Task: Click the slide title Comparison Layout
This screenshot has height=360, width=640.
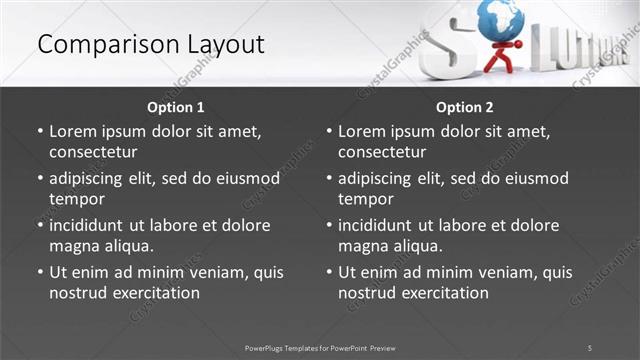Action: pos(150,45)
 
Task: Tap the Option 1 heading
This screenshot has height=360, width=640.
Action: pos(175,107)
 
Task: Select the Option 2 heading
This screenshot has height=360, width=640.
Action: pos(464,107)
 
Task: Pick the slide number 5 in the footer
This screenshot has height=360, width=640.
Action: pos(589,347)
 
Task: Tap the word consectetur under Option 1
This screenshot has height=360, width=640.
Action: pos(93,152)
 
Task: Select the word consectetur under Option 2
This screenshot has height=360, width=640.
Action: pos(382,152)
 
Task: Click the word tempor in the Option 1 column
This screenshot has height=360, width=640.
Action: pos(74,199)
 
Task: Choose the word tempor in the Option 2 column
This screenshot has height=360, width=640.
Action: pos(363,199)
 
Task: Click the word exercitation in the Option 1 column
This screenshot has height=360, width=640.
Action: pos(156,293)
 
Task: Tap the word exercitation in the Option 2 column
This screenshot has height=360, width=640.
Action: pos(445,293)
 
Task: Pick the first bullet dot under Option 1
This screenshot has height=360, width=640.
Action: pos(40,132)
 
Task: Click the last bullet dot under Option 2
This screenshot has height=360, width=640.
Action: pos(329,272)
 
